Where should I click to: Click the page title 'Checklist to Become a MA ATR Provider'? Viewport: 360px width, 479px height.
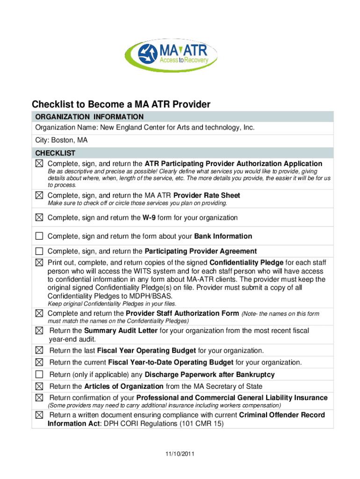[x=121, y=104]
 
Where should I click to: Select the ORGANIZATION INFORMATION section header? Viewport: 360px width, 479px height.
[x=89, y=116]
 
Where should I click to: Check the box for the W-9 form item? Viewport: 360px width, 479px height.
[x=39, y=218]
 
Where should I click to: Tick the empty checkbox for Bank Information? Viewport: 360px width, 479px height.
[x=39, y=236]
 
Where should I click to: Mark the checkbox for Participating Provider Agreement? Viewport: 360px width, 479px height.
[x=39, y=251]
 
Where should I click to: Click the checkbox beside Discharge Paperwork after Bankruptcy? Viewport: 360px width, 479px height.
[x=39, y=374]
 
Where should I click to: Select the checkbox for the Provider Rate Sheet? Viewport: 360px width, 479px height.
[x=39, y=195]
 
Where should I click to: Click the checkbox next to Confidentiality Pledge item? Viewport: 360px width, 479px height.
[x=39, y=262]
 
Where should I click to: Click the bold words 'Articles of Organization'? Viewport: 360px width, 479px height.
[x=123, y=386]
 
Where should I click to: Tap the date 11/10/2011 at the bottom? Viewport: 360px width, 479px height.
[x=180, y=454]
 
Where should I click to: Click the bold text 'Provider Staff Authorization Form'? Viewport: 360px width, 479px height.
[x=182, y=313]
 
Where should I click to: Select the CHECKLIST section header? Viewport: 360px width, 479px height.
[x=55, y=153]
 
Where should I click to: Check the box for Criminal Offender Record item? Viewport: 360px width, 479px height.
[x=39, y=415]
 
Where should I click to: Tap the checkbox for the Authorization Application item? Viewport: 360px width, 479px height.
[x=39, y=164]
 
